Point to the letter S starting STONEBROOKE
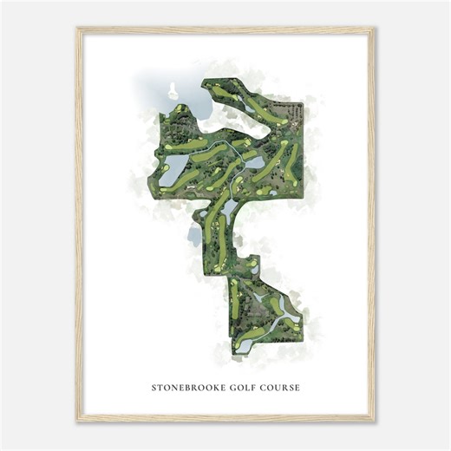pos(154,387)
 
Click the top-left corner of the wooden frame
pos(77,29)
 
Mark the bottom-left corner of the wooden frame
pos(77,422)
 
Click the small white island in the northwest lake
pos(171,88)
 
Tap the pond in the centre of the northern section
pos(252,159)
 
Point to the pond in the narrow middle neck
pos(228,207)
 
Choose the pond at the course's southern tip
pos(241,346)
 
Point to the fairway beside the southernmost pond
pos(234,299)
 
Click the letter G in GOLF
pos(231,387)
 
